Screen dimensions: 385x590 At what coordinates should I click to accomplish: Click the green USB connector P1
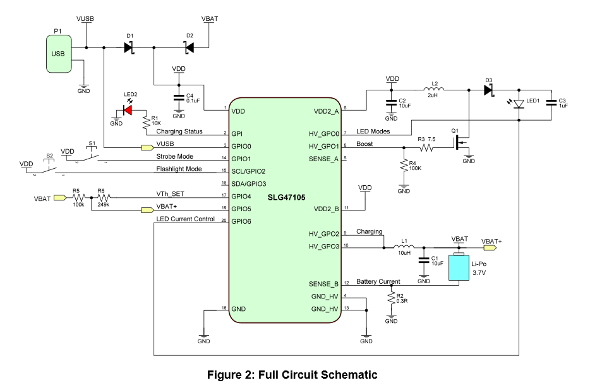click(x=59, y=53)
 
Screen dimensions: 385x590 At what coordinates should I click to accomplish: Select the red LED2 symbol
click(x=127, y=110)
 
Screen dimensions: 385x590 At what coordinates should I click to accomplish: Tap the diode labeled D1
click(x=129, y=47)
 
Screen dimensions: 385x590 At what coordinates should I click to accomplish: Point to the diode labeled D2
click(x=188, y=47)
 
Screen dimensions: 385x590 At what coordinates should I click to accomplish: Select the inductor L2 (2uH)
click(x=434, y=90)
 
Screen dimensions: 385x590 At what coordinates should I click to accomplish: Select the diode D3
click(x=488, y=90)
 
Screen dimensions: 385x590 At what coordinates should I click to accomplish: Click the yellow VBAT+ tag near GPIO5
click(x=147, y=210)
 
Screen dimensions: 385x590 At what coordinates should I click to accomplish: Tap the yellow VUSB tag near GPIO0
click(x=147, y=148)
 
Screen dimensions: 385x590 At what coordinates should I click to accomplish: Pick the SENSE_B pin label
click(x=323, y=284)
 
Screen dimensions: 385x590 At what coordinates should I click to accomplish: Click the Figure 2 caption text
click(x=292, y=375)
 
